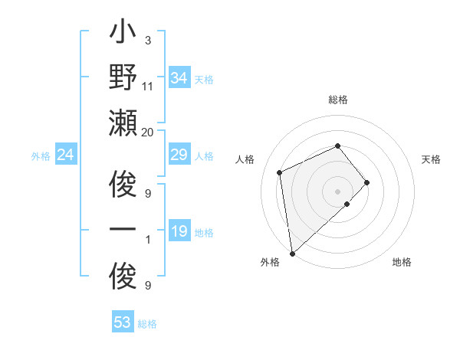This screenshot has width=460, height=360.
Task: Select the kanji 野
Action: (123, 79)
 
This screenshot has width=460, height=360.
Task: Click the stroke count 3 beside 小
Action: (147, 40)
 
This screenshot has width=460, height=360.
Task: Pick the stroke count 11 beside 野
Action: (148, 87)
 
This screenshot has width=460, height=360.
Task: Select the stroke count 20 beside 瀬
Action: (148, 132)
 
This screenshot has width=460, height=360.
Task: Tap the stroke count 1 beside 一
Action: (147, 241)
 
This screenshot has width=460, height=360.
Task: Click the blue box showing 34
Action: (179, 77)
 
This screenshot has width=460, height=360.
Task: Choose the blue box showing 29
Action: (179, 155)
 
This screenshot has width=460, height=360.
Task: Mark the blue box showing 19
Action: (179, 231)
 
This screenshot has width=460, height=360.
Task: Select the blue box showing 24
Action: (66, 155)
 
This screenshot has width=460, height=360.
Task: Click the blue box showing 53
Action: (123, 322)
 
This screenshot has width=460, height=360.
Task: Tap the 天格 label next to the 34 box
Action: (204, 79)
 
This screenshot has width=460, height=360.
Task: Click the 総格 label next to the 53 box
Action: (147, 324)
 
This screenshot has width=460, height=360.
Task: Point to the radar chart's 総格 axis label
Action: (337, 100)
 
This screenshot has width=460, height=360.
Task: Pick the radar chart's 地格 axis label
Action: (402, 262)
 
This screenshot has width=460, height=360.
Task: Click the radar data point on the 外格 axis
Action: (292, 253)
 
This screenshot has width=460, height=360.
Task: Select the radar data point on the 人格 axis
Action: (280, 172)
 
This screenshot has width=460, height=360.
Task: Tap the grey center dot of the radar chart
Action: (337, 189)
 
